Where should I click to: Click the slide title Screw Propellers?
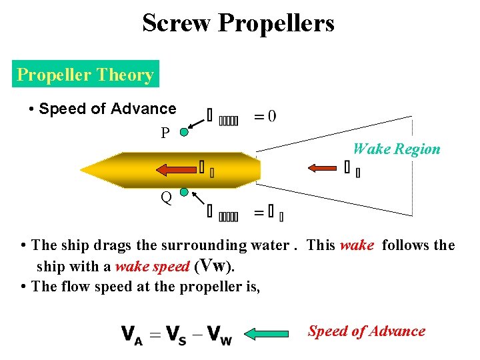tap(238, 24)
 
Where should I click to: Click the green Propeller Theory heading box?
tap(85, 75)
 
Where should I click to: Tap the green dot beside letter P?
tap(184, 132)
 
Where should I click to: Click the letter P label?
tap(165, 133)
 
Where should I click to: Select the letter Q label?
tap(165, 197)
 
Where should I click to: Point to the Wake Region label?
tap(396, 149)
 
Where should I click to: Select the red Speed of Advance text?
tap(366, 331)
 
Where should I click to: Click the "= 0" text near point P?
tap(265, 117)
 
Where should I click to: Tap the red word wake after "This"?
tap(357, 245)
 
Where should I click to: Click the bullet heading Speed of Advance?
tap(107, 109)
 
